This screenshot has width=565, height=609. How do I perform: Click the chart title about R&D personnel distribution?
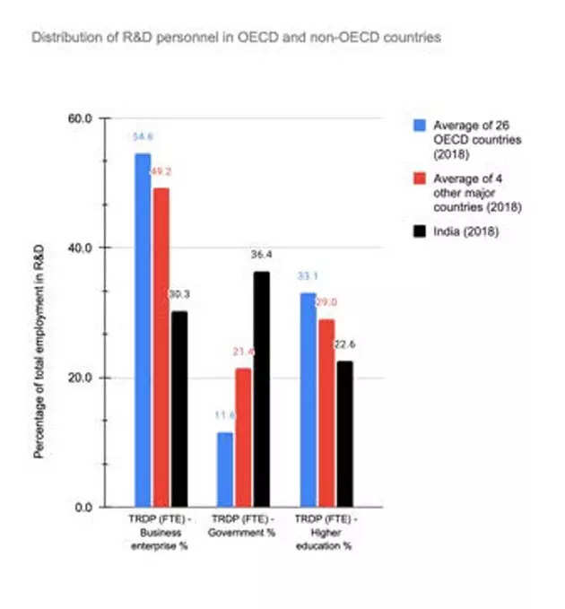(236, 39)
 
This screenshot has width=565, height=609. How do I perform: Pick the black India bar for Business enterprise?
(179, 408)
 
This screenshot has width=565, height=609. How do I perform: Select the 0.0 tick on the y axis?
(85, 508)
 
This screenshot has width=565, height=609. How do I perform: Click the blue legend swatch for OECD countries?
(418, 125)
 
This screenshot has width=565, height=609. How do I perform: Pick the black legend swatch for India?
(418, 232)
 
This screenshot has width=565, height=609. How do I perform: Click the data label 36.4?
(262, 255)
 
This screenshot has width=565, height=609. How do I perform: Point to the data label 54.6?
(143, 135)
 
